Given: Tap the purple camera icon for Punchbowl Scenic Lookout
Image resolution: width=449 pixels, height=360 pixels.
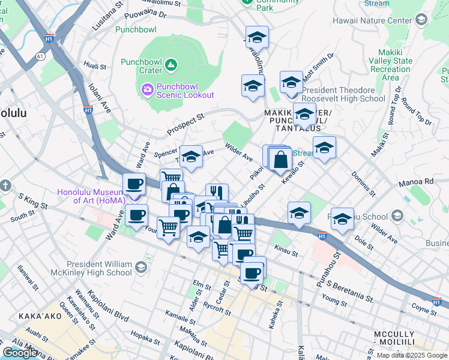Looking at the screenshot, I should pos(148,90).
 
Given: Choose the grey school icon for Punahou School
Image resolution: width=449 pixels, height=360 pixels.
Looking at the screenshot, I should pos(397,215).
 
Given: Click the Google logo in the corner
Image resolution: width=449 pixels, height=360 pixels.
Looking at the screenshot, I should pos(20,353).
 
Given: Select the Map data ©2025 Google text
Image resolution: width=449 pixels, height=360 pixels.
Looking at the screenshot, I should pos(412,355).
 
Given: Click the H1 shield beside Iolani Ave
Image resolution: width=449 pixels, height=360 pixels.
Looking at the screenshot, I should pos(88,110).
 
